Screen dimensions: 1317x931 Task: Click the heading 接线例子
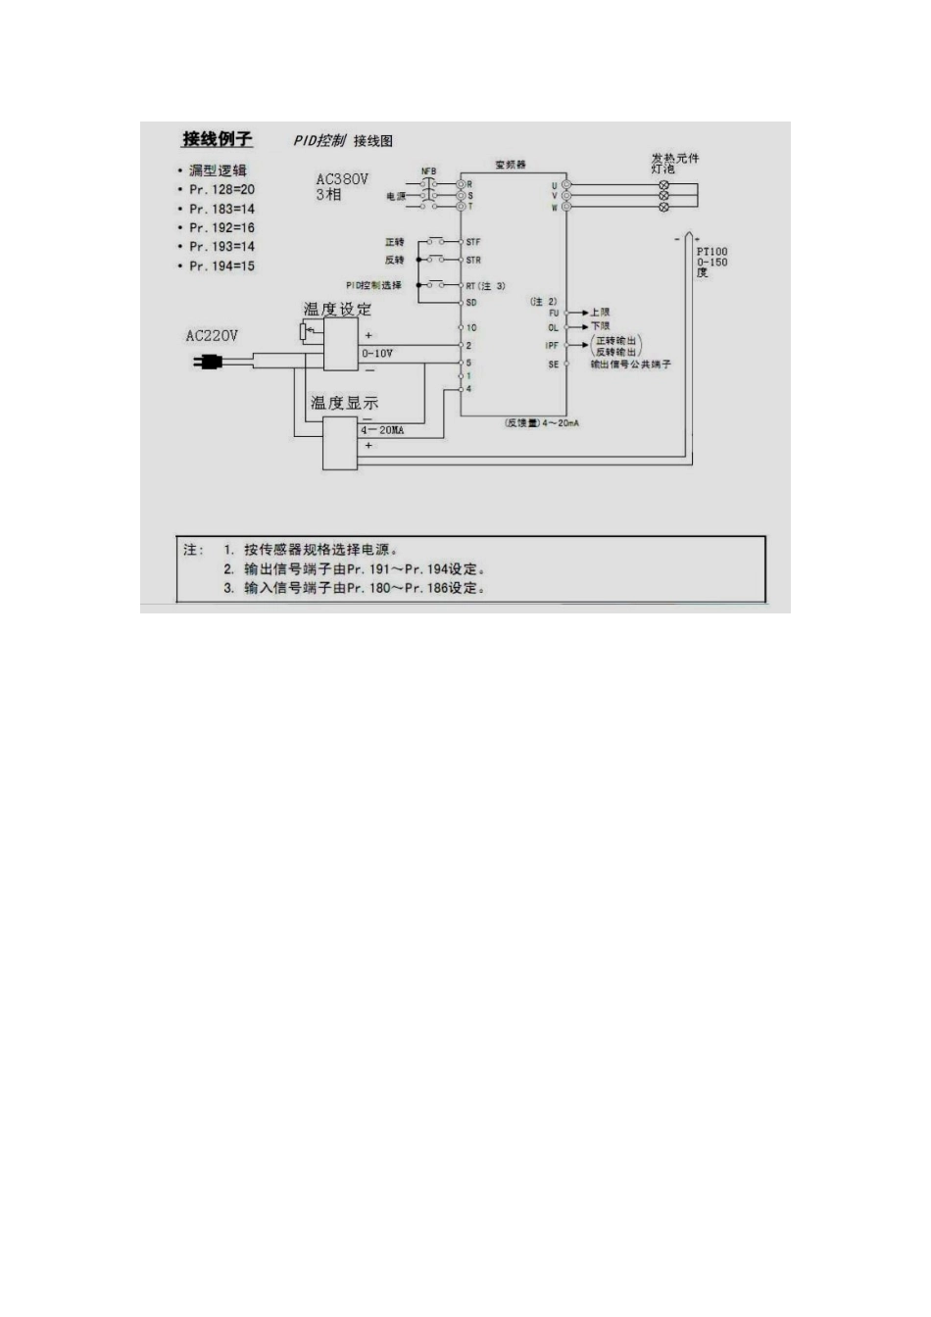pyautogui.click(x=217, y=139)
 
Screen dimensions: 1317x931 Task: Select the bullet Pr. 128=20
pyautogui.click(x=221, y=190)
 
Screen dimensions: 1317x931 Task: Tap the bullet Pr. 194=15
pyautogui.click(x=221, y=267)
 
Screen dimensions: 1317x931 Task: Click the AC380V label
pyautogui.click(x=342, y=180)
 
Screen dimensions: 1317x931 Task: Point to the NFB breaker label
pyautogui.click(x=428, y=171)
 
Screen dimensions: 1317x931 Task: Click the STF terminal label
pyautogui.click(x=473, y=242)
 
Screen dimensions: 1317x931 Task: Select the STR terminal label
pyautogui.click(x=473, y=261)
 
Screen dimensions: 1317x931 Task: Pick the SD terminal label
pyautogui.click(x=471, y=303)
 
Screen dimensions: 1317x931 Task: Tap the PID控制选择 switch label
pyautogui.click(x=373, y=285)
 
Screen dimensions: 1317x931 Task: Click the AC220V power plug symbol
pyautogui.click(x=207, y=363)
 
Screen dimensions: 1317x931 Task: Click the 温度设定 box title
pyautogui.click(x=337, y=310)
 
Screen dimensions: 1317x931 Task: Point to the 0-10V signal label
pyautogui.click(x=377, y=353)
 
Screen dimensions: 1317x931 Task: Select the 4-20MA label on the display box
pyautogui.click(x=382, y=430)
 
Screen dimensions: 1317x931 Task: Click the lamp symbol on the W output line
pyautogui.click(x=663, y=208)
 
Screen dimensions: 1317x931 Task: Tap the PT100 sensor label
pyautogui.click(x=712, y=252)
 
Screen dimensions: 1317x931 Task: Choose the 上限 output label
pyautogui.click(x=600, y=313)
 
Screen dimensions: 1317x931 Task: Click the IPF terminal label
pyautogui.click(x=553, y=346)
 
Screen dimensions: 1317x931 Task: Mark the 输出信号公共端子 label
pyautogui.click(x=630, y=365)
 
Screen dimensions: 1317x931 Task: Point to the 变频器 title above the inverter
pyautogui.click(x=511, y=165)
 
